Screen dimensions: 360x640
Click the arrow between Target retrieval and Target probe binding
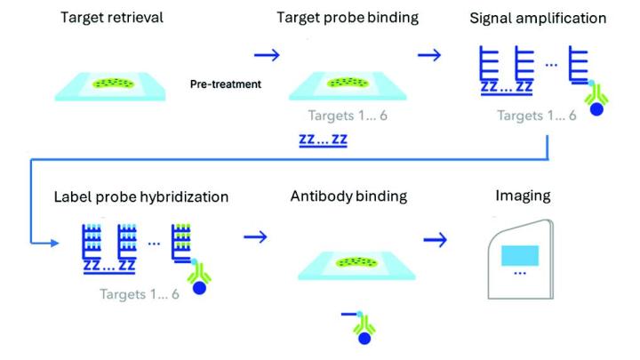[x=267, y=55]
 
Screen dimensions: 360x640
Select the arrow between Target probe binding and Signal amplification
[x=429, y=55]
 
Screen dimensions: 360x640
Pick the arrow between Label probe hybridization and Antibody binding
[x=255, y=237]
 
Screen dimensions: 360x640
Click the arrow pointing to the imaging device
[x=436, y=238]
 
